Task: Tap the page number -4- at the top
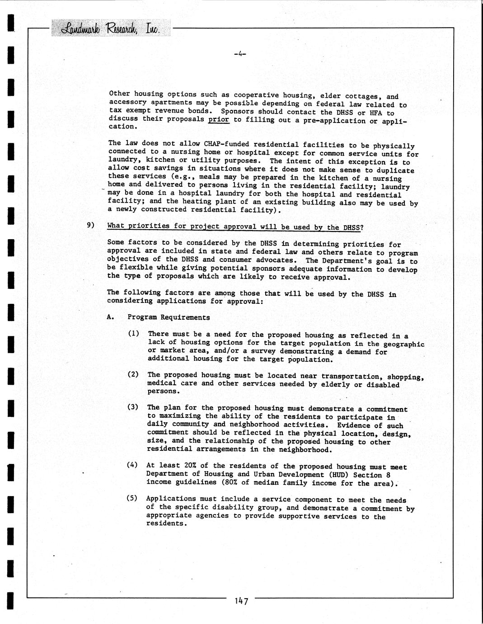coord(239,54)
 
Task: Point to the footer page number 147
coord(241,601)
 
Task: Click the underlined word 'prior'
coord(219,120)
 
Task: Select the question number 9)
coord(91,225)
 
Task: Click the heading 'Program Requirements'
coord(169,317)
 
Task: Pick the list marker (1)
coord(133,334)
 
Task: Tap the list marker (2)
coord(133,374)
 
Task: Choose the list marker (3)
coord(133,407)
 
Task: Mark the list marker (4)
coord(132,465)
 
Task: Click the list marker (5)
coord(132,498)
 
